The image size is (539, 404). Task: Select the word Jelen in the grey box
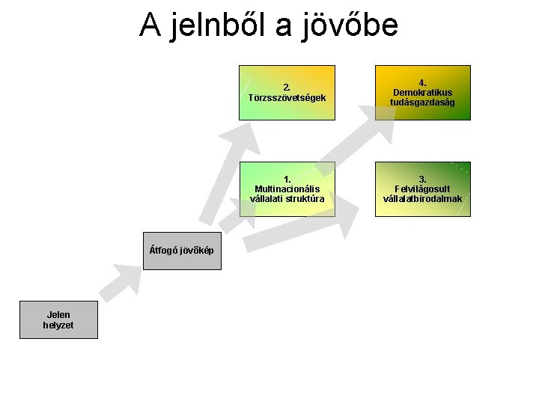pos(58,315)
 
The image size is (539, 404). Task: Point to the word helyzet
pos(58,325)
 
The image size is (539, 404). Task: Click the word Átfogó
pos(165,250)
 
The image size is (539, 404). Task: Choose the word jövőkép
pos(198,250)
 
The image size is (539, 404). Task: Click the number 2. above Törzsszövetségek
pos(287,86)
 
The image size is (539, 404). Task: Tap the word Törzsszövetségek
pos(287,97)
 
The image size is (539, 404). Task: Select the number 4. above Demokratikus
pos(423,82)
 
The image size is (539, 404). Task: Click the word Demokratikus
pos(423,92)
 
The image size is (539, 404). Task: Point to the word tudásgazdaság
pos(423,102)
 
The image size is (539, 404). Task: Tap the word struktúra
pos(308,199)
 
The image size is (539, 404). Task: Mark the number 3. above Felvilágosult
pos(423,179)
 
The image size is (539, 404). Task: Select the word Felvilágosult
pos(423,189)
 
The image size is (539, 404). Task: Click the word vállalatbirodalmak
pos(423,199)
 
